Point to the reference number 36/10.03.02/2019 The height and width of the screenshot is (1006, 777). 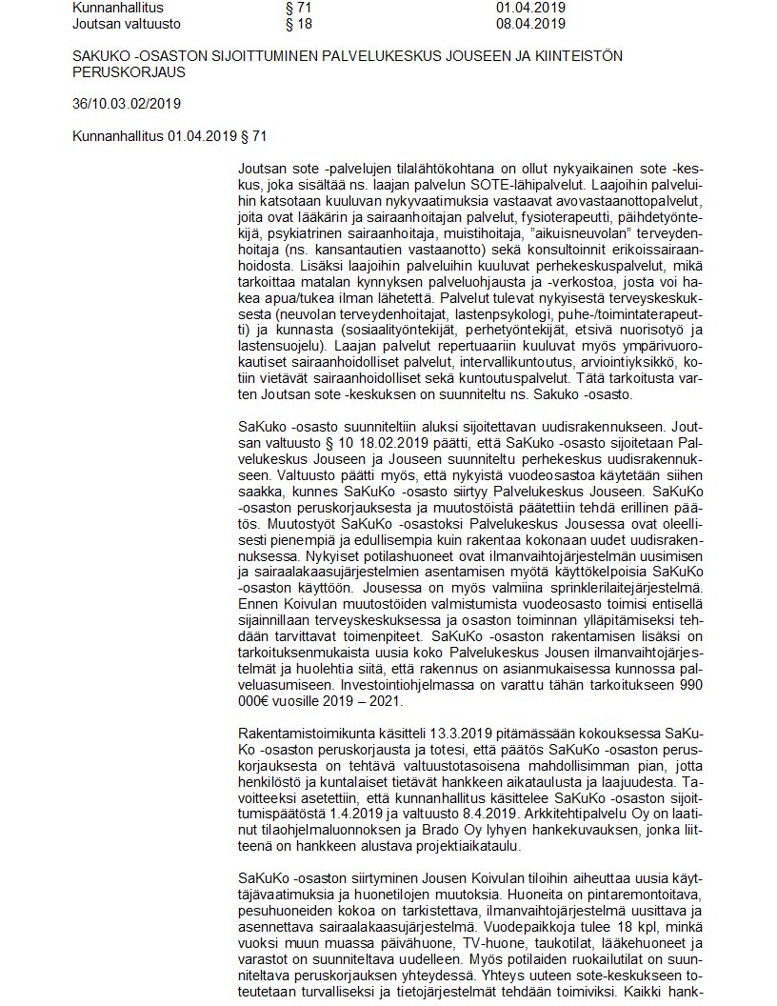pyautogui.click(x=128, y=102)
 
